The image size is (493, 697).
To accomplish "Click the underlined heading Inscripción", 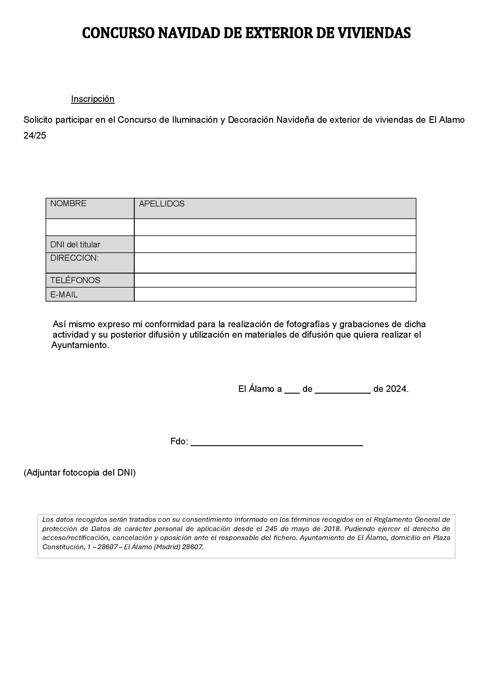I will coord(93,99).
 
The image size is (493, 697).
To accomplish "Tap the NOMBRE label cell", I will coord(90,208).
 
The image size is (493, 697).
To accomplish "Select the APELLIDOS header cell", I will coord(275,208).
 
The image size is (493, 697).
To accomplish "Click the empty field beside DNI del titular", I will coord(275,244).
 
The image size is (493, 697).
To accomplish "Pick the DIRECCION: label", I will coord(75,258).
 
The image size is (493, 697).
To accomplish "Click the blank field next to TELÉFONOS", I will coord(275,280).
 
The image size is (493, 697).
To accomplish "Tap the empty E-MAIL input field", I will coord(275,294).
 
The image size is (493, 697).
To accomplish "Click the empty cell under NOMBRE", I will coord(90,227).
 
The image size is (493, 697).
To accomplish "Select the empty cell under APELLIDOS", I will coord(275,227).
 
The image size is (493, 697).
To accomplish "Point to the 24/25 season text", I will coord(35,136).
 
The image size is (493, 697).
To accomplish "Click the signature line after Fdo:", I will coord(277,442).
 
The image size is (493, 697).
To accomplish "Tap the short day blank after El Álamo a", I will coord(292,390).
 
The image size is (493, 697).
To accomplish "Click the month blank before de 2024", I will coord(343,390).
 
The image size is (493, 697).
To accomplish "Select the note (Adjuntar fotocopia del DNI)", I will coord(80,473).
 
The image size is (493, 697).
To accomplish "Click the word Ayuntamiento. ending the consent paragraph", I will coord(80,345).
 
